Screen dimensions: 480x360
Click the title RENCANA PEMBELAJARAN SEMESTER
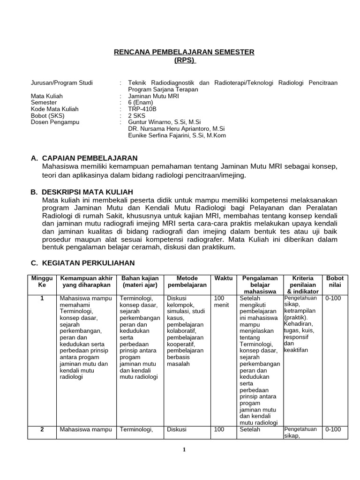point(184,52)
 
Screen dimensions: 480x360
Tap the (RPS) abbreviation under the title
point(184,60)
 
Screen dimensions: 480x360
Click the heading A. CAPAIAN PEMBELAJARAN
point(84,158)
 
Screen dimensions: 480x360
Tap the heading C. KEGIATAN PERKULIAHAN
point(82,263)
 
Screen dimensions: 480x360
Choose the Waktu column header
point(224,278)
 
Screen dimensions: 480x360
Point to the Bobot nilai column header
point(335,281)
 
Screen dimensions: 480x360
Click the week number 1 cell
point(42,298)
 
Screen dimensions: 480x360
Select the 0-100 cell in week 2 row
point(333,429)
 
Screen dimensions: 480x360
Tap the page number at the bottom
point(184,450)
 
